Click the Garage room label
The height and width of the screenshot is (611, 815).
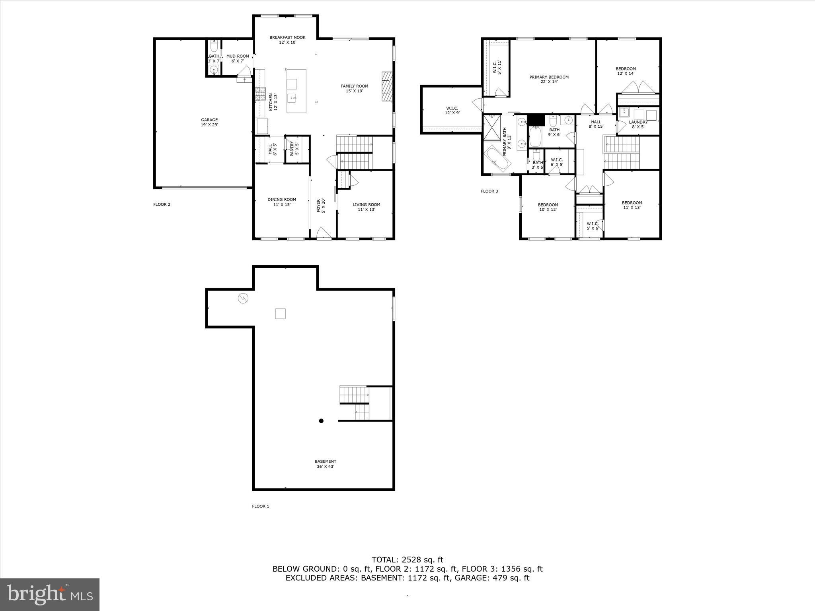[x=209, y=122]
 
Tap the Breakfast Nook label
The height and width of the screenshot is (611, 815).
[x=287, y=40]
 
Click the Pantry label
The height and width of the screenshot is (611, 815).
[x=294, y=149]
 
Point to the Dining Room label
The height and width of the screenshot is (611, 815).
[x=282, y=202]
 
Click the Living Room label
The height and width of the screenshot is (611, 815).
[x=366, y=207]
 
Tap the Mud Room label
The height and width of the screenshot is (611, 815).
[x=238, y=58]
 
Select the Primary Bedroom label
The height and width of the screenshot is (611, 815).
[x=549, y=79]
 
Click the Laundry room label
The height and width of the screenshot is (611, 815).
[x=638, y=125]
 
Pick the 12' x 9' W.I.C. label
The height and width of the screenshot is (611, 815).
[x=452, y=110]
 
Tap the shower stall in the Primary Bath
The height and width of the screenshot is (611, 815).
[x=492, y=127]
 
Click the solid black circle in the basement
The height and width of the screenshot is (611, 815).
[x=321, y=421]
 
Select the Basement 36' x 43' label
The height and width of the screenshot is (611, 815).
[x=326, y=464]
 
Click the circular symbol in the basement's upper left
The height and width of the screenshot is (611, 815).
[x=242, y=298]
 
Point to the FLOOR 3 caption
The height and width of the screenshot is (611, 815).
[x=489, y=191]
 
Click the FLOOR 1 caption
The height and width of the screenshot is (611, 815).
[x=261, y=506]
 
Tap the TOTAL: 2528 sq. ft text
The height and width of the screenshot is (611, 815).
[x=407, y=560]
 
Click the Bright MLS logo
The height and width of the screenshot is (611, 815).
[x=50, y=594]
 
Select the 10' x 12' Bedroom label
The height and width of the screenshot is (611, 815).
[x=548, y=207]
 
